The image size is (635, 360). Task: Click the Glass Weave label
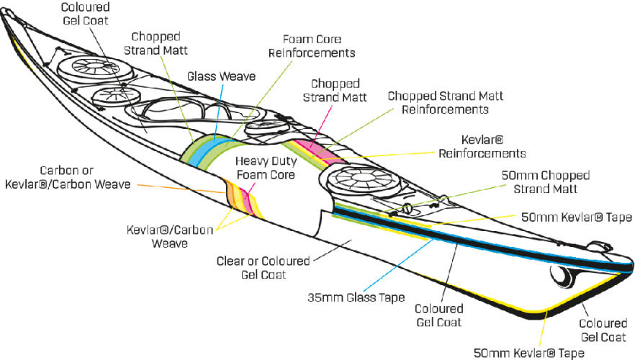[x=221, y=76]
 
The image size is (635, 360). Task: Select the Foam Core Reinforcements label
[x=314, y=45]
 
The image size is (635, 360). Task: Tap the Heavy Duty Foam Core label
[x=266, y=167]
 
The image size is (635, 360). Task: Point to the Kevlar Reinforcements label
[x=482, y=148]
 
